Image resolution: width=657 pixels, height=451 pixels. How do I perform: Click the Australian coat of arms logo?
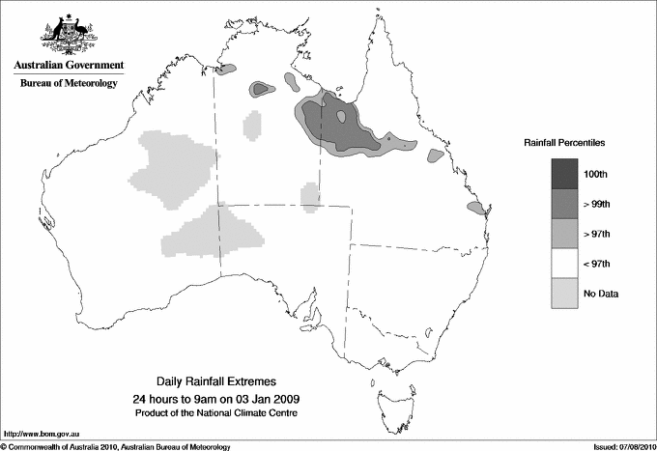[69, 35]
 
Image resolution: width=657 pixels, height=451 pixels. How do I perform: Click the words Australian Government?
[69, 67]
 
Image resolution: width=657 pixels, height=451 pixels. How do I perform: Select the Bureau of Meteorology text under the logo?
[69, 84]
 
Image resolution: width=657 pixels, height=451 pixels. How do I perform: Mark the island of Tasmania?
[391, 395]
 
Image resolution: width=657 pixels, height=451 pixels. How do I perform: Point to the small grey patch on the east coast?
[474, 209]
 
